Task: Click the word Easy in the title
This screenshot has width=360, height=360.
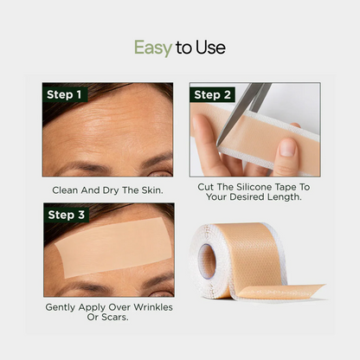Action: (x=152, y=48)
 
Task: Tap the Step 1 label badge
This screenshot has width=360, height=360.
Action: (x=66, y=94)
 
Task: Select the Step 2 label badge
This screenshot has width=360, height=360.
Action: (x=213, y=94)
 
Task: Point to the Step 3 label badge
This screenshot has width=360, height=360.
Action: (x=66, y=215)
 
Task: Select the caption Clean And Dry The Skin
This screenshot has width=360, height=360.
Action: (x=108, y=190)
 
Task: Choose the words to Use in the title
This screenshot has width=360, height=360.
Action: (x=200, y=48)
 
